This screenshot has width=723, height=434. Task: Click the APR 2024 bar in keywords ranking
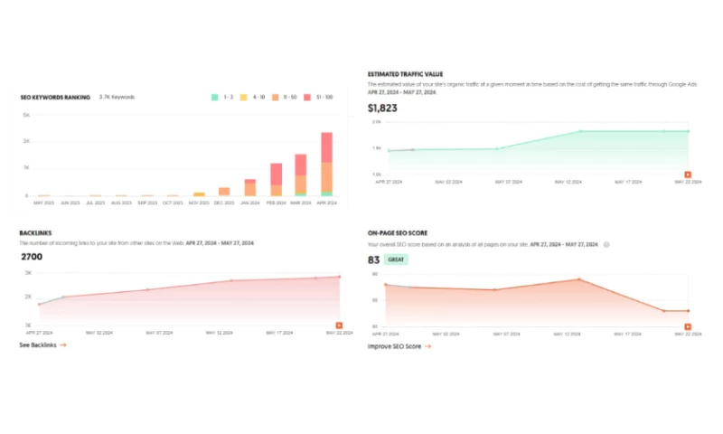click(326, 165)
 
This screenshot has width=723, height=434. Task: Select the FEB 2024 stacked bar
click(276, 179)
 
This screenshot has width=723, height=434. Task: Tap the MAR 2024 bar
click(301, 175)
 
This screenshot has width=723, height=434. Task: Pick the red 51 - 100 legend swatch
click(307, 97)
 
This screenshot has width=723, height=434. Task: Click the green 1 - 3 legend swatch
click(214, 97)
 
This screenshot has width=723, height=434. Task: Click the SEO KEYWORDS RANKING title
click(55, 97)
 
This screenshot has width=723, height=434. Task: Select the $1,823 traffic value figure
click(382, 108)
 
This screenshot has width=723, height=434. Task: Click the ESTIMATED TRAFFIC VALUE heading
click(405, 74)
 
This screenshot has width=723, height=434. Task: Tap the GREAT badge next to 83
click(396, 259)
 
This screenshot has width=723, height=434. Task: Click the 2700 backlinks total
click(32, 257)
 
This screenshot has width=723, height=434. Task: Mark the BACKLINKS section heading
click(36, 233)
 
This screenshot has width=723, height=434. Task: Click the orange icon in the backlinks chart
click(339, 325)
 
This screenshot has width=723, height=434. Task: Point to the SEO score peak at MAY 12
click(578, 279)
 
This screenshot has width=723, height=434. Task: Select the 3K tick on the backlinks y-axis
click(27, 273)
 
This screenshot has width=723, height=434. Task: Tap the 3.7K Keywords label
click(117, 97)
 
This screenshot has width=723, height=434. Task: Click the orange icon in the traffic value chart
click(687, 174)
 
